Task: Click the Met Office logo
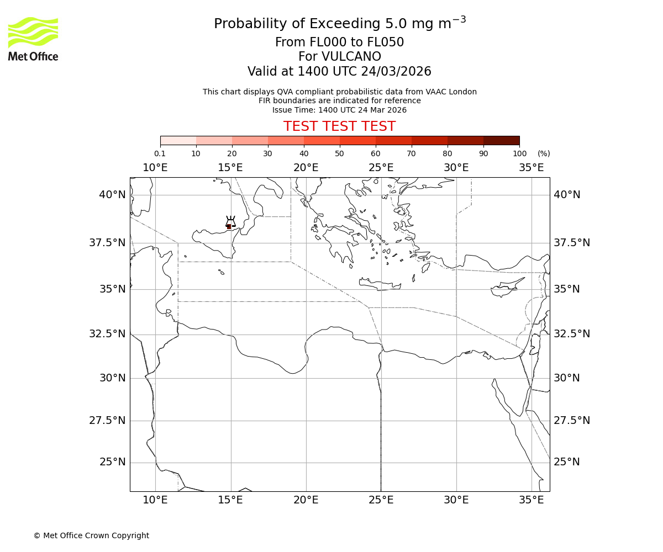pos(33,39)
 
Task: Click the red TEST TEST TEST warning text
pos(339,127)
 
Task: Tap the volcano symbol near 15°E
pos(230,222)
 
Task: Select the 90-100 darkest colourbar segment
pos(501,140)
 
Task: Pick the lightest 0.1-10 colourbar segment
pos(178,140)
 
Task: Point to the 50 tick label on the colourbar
pos(339,153)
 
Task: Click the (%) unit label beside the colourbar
pos(544,153)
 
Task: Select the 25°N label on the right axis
pos(567,462)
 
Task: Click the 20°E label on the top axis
pos(306,168)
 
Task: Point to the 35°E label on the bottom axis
pos(532,500)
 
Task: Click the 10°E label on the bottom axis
pos(155,500)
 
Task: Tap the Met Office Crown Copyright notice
pos(91,535)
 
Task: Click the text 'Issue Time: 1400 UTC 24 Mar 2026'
pos(339,110)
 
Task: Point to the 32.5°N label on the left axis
pos(108,334)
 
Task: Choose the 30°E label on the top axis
pos(456,168)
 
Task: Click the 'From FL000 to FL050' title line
pos(339,43)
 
